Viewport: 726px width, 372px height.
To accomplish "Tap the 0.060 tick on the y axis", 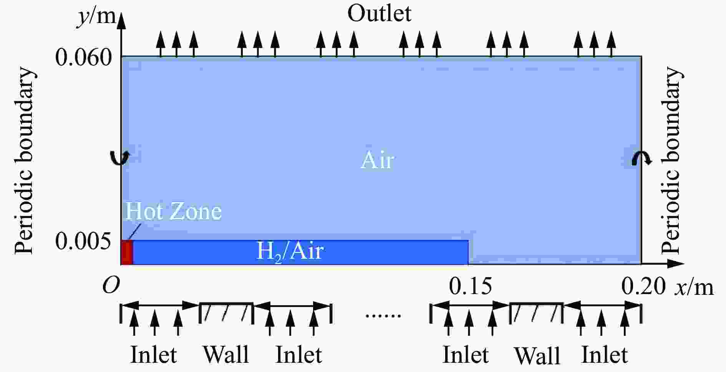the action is [84, 58].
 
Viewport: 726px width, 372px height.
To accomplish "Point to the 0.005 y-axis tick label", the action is [84, 241].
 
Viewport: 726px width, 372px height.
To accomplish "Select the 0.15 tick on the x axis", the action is [470, 286].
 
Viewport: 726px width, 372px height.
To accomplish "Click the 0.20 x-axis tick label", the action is [643, 286].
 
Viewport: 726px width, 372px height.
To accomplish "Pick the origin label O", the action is [111, 286].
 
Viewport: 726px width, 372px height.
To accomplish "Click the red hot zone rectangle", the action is [127, 253].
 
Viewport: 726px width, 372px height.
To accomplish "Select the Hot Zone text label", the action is [174, 211].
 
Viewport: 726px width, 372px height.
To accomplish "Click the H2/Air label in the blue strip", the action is [290, 252].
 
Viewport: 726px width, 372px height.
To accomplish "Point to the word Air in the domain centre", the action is [377, 160].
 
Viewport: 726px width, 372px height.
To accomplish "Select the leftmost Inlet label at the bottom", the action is [154, 354].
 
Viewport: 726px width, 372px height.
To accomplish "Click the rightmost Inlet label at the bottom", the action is [605, 354].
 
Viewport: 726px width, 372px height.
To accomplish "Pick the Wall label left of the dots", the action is [226, 354].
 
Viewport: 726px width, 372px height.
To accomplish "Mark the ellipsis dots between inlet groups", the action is [383, 316].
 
